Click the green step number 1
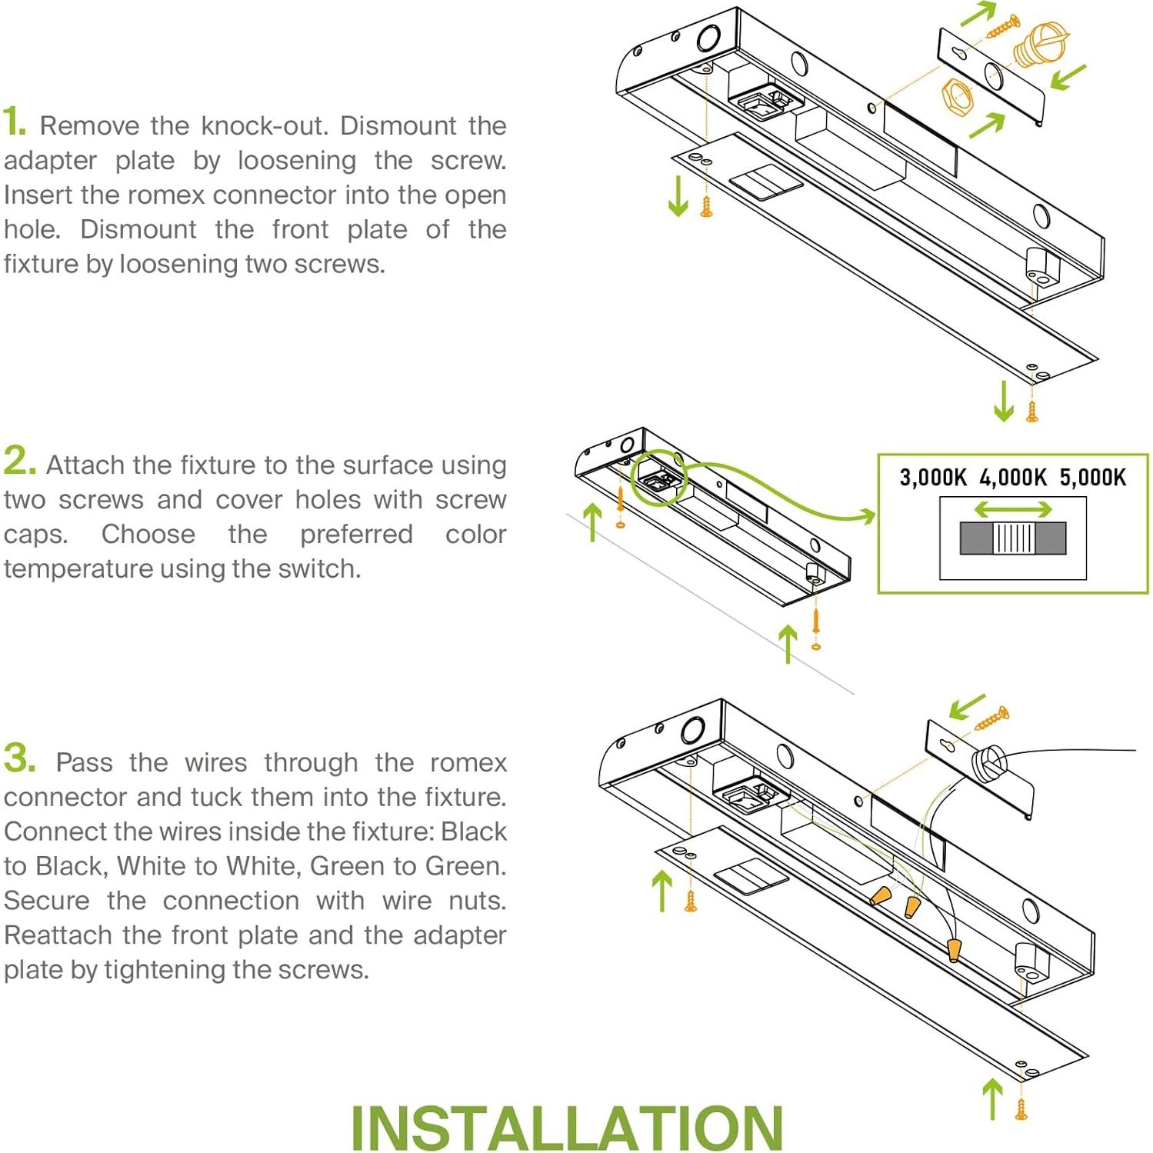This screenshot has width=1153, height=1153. [x=14, y=122]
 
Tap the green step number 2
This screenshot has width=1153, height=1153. [x=19, y=461]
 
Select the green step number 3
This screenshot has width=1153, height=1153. [x=19, y=758]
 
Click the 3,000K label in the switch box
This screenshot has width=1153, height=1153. [x=932, y=478]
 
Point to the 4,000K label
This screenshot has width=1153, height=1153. [x=1012, y=478]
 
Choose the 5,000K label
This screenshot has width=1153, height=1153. [x=1092, y=478]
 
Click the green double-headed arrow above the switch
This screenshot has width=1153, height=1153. [x=1012, y=509]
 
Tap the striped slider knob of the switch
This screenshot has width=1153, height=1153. [x=1013, y=538]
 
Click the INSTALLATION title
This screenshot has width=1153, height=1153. [x=567, y=1128]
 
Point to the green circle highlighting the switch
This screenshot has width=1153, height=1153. [x=658, y=478]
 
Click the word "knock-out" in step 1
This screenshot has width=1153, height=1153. [x=265, y=126]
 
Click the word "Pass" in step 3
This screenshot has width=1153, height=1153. [x=84, y=763]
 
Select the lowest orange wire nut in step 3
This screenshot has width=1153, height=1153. [x=954, y=950]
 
